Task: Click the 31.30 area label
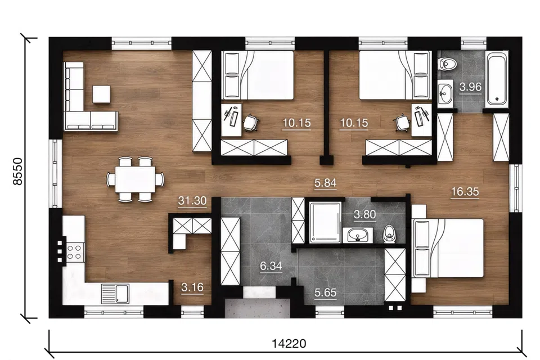pos(192,200)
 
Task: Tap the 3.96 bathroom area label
pos(470,87)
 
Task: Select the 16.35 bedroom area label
pos(465,192)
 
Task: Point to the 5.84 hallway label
pos(326,183)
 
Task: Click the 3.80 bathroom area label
pos(364,215)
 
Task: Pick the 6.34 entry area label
pos(271,266)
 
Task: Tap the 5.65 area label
pos(326,292)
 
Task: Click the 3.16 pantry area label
pos(192,287)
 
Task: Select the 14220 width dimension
pos(289,344)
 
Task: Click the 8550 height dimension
pos(17,172)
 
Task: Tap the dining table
pos(135,179)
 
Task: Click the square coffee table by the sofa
pos(101,94)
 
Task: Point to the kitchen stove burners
pos(74,252)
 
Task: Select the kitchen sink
pos(115,294)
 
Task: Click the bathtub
pos(496,78)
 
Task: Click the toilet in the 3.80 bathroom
pos(389,234)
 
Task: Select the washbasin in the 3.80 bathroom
pos(358,235)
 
